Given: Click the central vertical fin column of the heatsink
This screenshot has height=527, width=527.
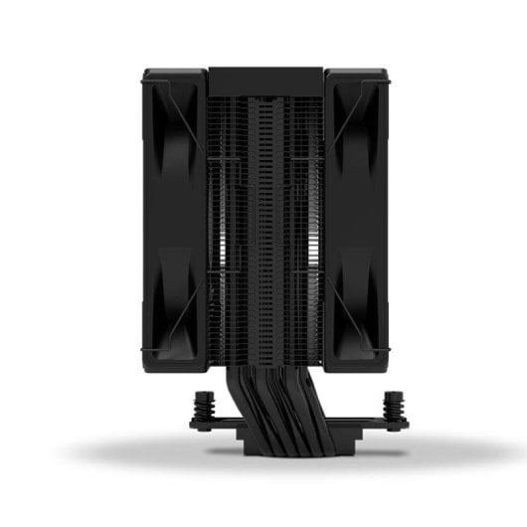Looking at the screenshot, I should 264,229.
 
